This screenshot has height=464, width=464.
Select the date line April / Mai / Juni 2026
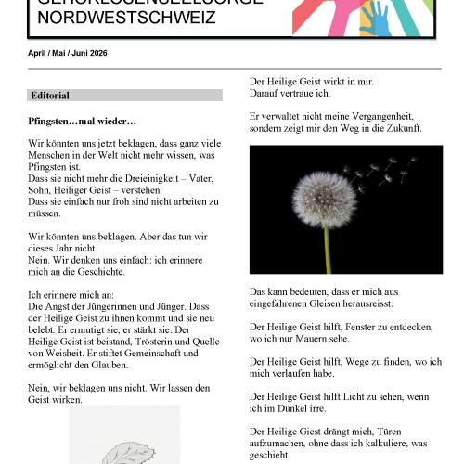coord(68,53)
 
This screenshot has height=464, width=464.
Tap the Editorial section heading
coord(50,96)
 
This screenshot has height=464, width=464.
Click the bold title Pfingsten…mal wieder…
coord(83,122)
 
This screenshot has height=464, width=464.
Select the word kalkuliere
coord(384,444)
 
